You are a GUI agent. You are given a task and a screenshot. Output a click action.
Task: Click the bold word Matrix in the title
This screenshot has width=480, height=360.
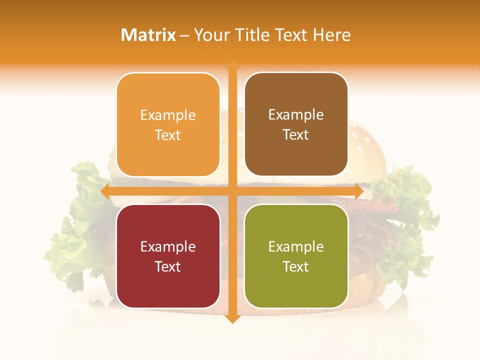tap(148, 35)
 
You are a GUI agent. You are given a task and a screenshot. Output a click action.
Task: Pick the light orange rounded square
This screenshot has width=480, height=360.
tap(168, 124)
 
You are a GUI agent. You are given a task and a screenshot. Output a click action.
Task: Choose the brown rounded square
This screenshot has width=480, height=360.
tap(296, 124)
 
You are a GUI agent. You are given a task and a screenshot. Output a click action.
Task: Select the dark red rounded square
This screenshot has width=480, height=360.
tap(168, 256)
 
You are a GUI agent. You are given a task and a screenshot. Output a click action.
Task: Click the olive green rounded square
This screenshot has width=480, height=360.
tap(296, 256)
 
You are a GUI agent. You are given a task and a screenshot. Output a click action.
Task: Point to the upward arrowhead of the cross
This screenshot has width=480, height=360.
tap(232, 65)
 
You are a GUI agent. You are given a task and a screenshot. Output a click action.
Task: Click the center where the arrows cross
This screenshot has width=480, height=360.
tap(232, 191)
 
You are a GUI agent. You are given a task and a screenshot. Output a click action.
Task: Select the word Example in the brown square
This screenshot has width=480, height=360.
tap(296, 115)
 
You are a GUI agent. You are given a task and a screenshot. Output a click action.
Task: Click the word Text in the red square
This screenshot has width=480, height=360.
tap(168, 266)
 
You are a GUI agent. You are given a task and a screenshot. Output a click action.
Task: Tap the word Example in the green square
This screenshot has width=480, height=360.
tap(296, 246)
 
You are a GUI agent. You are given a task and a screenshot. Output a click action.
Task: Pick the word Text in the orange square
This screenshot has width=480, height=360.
tap(168, 135)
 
